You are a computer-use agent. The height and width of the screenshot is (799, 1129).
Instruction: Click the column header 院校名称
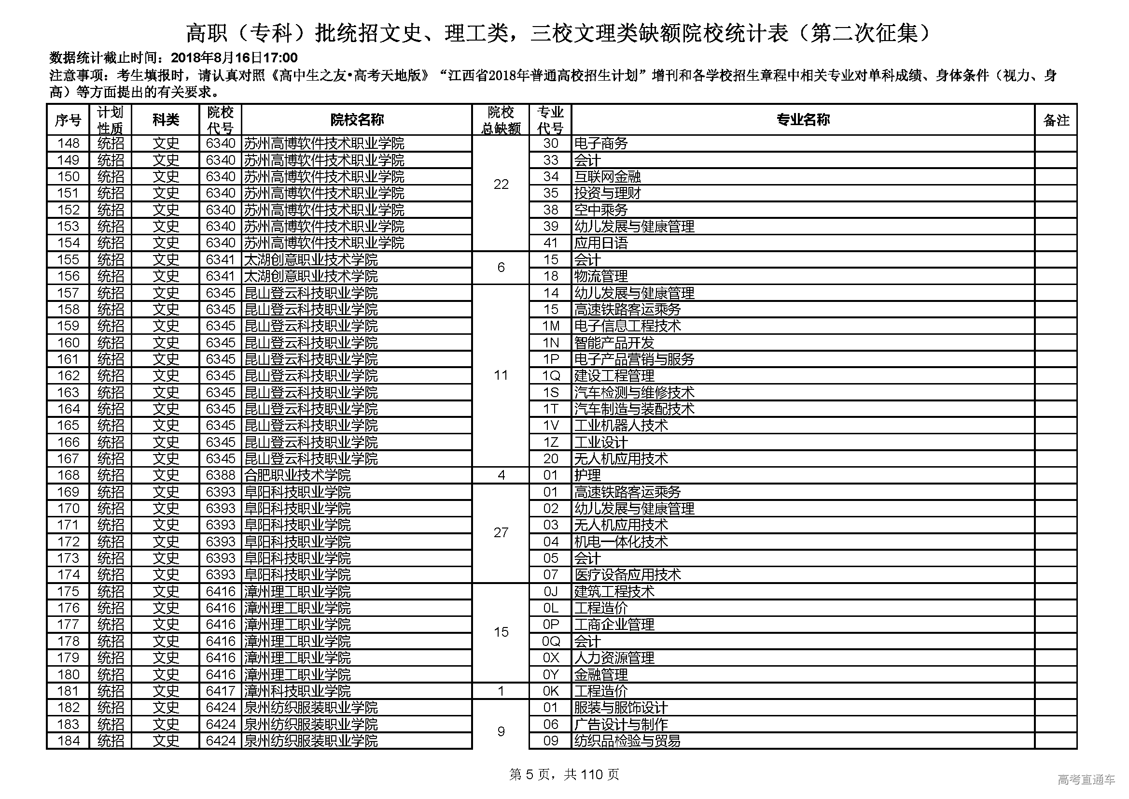click(x=357, y=119)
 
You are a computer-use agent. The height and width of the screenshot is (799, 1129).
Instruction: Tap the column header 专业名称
click(x=803, y=119)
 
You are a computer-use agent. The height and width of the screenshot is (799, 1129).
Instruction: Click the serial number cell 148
click(x=69, y=143)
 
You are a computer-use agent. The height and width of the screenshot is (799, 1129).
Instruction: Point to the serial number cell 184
click(x=69, y=741)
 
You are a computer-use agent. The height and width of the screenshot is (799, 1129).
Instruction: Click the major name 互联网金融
click(x=608, y=177)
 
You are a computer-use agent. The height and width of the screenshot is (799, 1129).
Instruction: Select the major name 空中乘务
click(x=601, y=210)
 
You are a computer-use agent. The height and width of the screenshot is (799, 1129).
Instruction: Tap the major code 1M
click(x=551, y=326)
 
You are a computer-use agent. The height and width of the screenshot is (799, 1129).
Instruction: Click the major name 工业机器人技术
click(x=621, y=426)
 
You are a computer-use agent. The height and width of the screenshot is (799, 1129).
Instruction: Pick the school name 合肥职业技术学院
click(x=297, y=475)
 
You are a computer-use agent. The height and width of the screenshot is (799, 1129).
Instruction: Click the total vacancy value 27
click(x=501, y=533)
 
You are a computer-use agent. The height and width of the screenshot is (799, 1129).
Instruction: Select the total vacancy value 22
click(x=501, y=185)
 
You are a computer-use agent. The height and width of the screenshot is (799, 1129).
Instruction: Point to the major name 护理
click(x=587, y=475)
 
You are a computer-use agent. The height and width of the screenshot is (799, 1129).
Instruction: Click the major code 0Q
click(x=551, y=642)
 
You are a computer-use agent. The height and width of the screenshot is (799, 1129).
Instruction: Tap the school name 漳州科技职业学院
click(x=297, y=691)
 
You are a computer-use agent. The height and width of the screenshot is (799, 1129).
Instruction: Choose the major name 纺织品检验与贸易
click(x=627, y=741)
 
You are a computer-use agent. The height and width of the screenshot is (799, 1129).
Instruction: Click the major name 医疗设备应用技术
click(x=627, y=575)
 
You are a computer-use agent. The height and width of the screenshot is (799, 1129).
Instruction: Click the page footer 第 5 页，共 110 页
click(x=564, y=775)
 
